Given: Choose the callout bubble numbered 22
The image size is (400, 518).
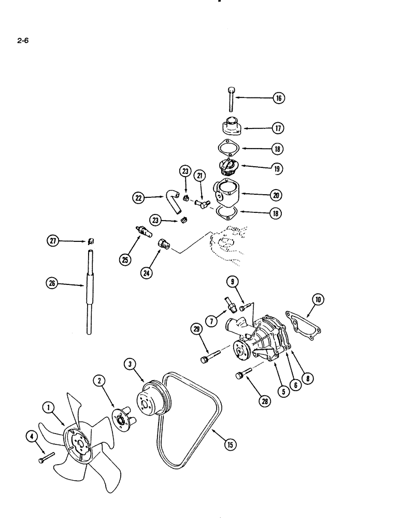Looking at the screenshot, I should [x=138, y=197].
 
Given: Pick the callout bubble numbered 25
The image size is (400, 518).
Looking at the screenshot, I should [x=125, y=260].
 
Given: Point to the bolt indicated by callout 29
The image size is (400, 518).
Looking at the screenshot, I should [x=209, y=357].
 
